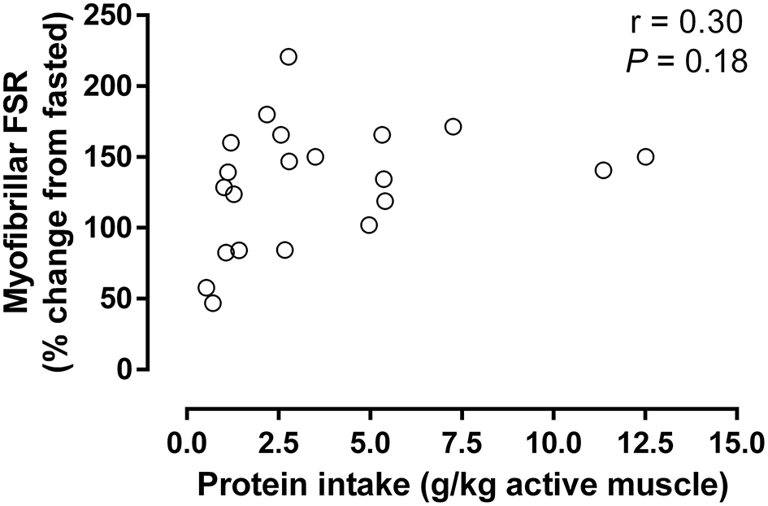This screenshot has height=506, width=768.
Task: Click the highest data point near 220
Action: point(289,57)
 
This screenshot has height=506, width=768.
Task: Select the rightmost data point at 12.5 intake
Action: point(645,156)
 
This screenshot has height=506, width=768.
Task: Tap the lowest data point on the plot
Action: point(213,303)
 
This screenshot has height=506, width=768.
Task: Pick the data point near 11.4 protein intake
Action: point(603,170)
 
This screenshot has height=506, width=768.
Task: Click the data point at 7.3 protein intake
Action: point(453,127)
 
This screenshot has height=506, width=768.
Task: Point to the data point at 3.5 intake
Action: point(315,156)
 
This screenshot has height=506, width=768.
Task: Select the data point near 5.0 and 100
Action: point(369,225)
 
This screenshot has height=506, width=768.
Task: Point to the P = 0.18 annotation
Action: point(687,62)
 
